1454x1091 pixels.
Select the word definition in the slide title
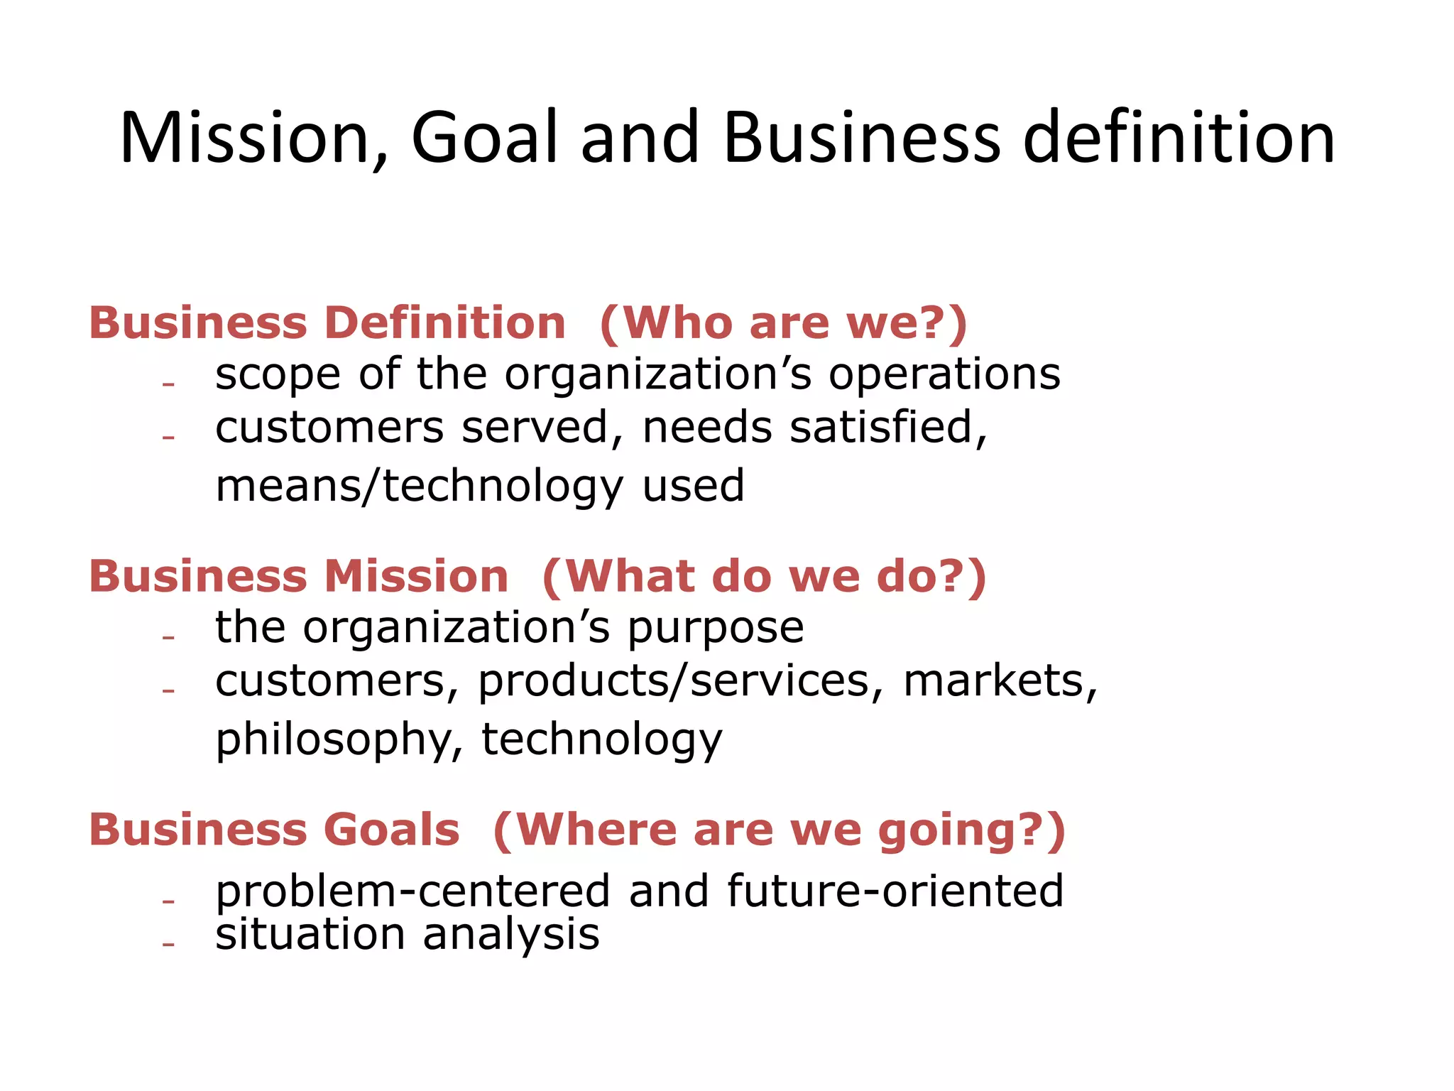[1179, 138]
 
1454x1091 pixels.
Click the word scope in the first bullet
[278, 374]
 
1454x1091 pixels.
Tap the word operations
[945, 374]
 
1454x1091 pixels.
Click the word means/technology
[420, 487]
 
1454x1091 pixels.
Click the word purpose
[716, 628]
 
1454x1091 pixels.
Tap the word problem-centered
[412, 891]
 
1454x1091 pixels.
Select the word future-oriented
[895, 891]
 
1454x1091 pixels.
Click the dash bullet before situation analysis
[168, 945]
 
